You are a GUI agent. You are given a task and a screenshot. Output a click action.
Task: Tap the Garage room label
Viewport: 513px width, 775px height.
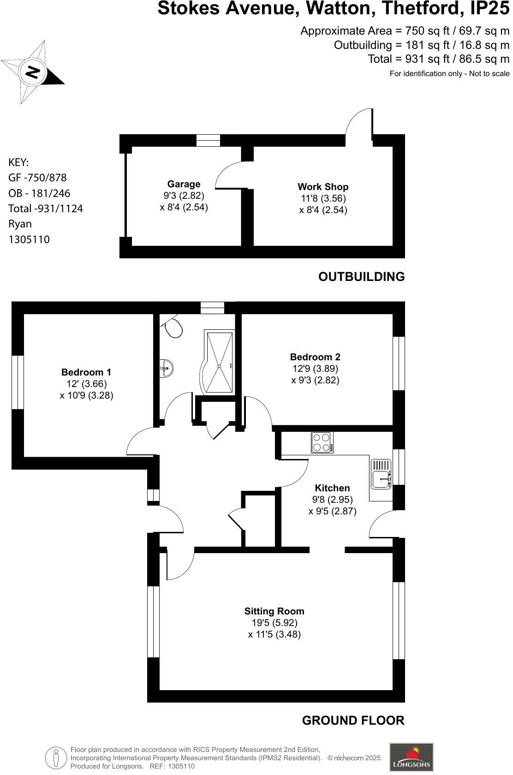[x=184, y=184]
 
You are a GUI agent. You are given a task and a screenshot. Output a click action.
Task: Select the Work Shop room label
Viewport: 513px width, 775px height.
[x=323, y=187]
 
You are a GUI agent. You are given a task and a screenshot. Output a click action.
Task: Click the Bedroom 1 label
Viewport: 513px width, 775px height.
[x=86, y=372]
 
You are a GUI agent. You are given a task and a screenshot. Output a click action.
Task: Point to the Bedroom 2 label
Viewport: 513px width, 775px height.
[x=315, y=357]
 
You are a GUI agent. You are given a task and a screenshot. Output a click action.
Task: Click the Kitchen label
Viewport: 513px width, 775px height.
[x=332, y=488]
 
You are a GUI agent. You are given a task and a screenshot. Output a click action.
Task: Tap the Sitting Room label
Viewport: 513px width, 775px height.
[x=274, y=611]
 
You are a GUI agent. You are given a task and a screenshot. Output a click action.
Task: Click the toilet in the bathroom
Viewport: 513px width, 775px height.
[x=173, y=328]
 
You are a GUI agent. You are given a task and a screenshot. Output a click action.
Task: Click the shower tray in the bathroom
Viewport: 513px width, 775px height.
[x=219, y=362]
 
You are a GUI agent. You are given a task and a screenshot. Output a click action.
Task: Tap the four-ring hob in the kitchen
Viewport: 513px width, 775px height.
[x=322, y=442]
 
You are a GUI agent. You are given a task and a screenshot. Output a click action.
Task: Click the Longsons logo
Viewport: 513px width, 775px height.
[x=411, y=757]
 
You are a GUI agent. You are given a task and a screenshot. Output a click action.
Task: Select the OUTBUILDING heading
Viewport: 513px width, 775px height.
[x=361, y=277]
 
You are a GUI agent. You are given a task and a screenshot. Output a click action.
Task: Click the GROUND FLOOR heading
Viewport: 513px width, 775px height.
[x=353, y=721]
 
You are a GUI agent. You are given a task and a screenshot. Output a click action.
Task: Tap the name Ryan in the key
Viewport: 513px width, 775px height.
[x=20, y=224]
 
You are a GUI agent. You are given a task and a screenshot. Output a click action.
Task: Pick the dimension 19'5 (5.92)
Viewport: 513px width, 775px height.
[x=274, y=623]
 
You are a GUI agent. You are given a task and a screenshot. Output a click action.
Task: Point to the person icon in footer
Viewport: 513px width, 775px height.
[x=56, y=757]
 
